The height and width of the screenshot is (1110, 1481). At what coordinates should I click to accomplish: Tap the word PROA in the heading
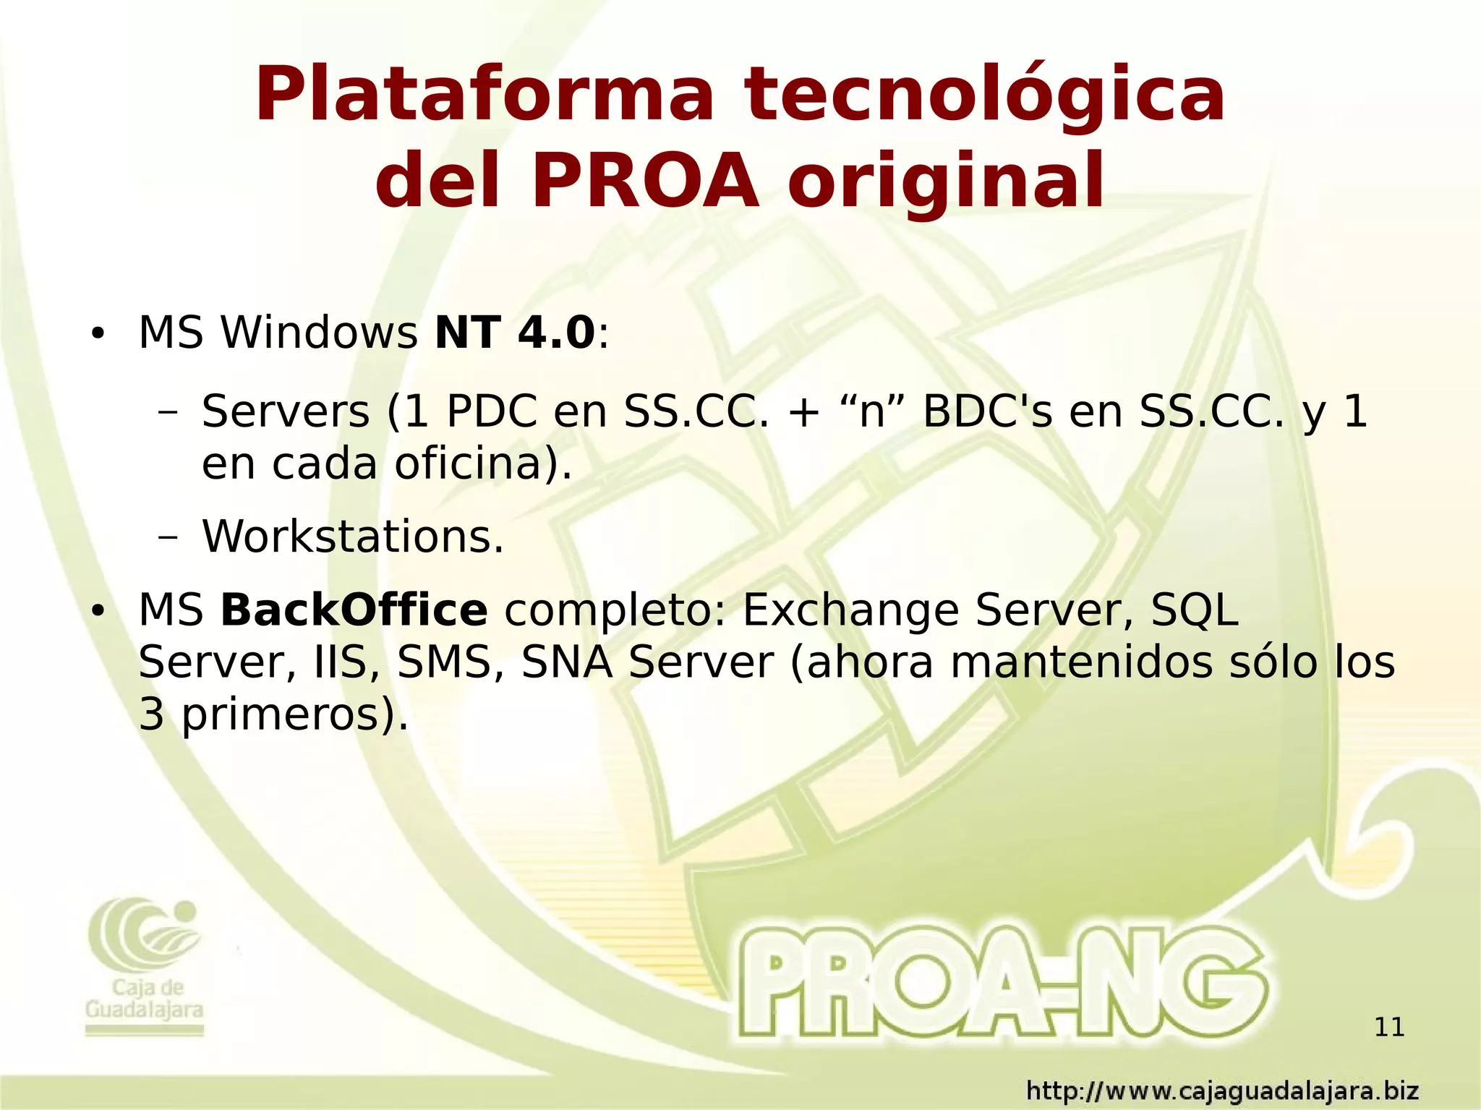coord(645,182)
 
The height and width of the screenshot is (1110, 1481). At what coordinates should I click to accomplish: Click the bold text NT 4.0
coord(514,333)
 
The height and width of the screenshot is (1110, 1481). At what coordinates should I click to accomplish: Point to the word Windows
coord(318,333)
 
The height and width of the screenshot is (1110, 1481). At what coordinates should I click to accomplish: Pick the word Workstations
coord(352,537)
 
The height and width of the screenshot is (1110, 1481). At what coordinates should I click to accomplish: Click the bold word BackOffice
coord(354,610)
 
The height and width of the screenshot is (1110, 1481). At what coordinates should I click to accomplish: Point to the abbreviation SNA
coord(567,663)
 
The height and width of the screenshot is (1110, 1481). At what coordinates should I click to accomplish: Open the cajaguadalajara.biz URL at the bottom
coord(1222,1090)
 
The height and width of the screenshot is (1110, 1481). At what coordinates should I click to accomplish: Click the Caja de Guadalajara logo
coord(145,965)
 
